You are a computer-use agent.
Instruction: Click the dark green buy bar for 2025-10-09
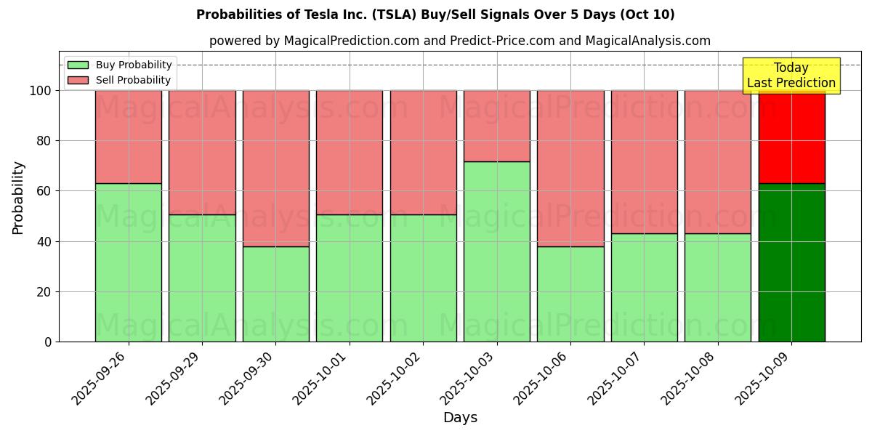791,262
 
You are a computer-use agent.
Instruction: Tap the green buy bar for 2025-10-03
497,251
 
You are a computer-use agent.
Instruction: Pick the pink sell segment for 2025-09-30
275,169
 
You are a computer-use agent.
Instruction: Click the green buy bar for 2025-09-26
129,262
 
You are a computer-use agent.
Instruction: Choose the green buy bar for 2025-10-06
570,294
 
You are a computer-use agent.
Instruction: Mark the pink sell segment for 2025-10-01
350,153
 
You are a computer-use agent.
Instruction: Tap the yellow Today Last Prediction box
791,76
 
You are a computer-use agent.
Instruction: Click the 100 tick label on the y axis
40,91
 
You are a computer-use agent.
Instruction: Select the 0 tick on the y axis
48,342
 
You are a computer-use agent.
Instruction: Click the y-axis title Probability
18,198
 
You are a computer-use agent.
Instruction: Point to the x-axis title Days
460,418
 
